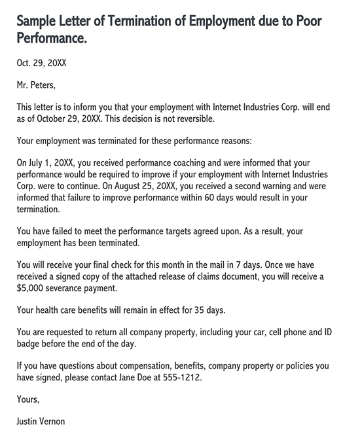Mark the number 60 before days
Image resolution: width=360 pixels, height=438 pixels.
221,198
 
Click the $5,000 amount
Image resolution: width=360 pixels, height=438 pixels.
35,288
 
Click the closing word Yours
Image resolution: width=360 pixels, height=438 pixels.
29,399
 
